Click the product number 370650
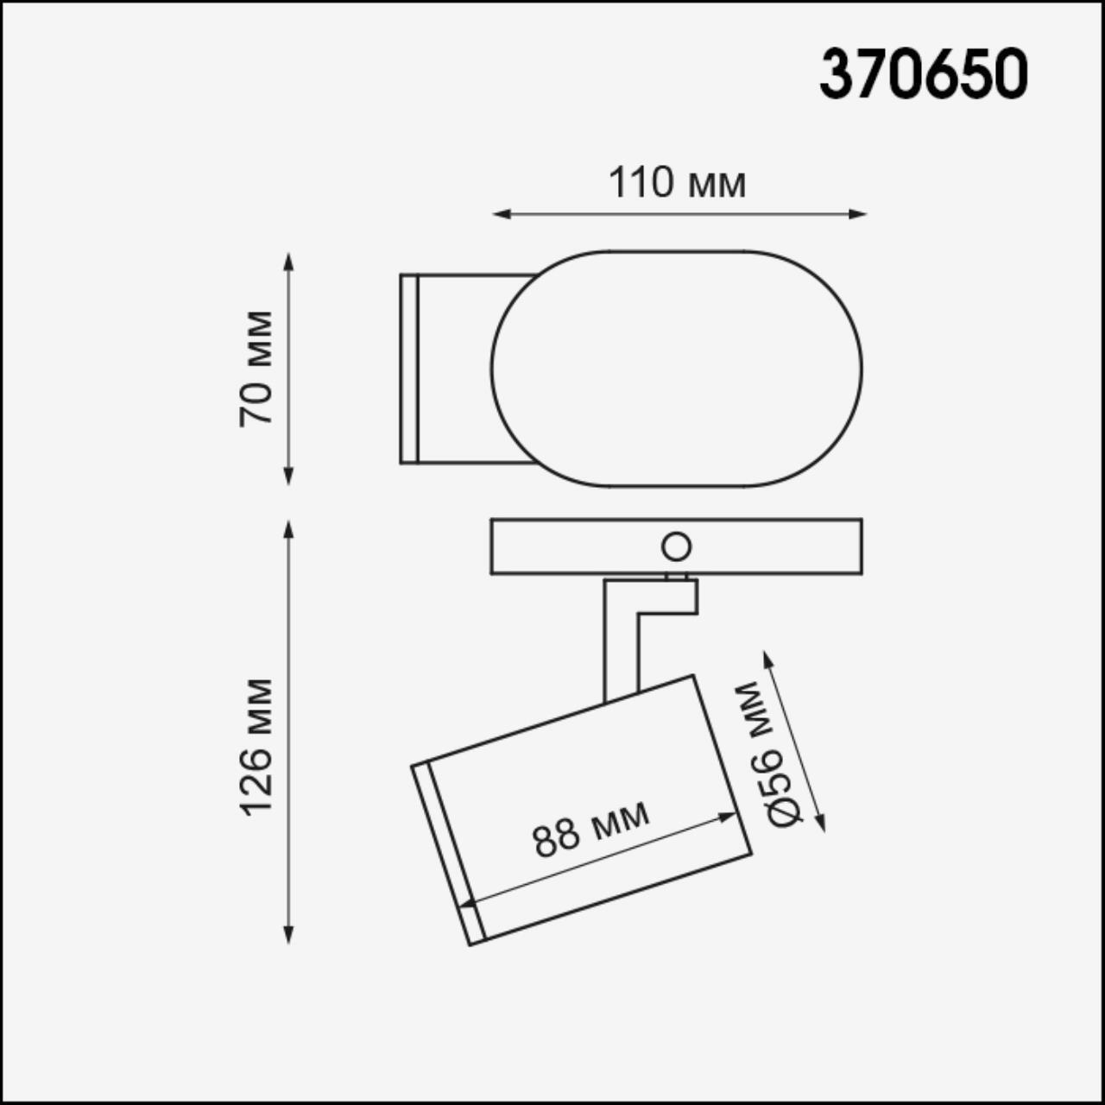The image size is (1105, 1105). coord(923,74)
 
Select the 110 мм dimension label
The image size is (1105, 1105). coord(677,183)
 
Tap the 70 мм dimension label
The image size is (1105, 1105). coord(256,368)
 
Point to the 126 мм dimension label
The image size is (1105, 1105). coord(256,748)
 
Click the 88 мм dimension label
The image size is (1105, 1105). coord(591,828)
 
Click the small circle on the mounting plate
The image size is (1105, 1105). coord(675,546)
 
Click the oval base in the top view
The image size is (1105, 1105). coord(676,369)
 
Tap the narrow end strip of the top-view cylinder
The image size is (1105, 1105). coord(409,369)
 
